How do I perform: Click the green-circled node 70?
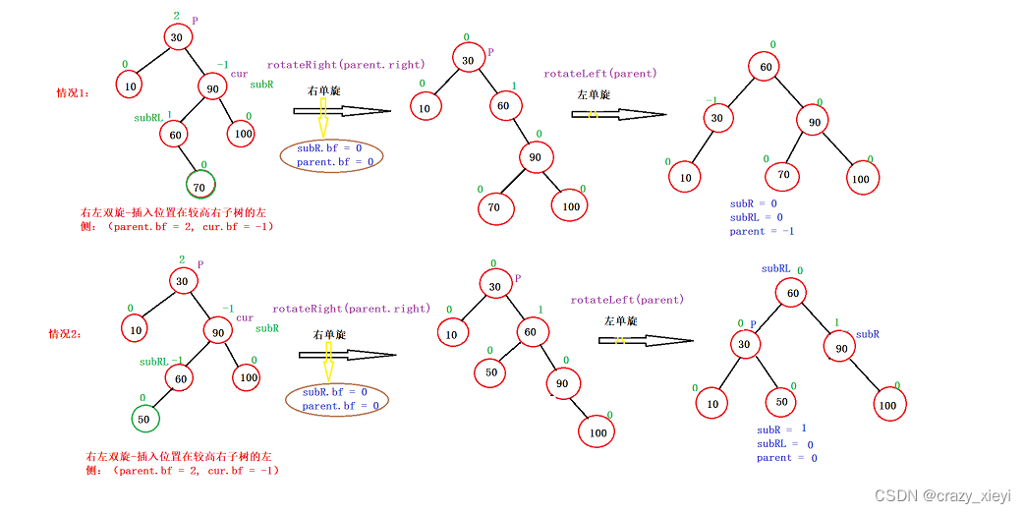(200, 184)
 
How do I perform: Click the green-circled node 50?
(143, 419)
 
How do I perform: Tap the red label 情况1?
(73, 93)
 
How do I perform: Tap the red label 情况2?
(65, 334)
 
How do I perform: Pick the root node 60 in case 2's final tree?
(791, 293)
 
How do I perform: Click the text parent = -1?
(762, 232)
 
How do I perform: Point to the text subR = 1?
(781, 429)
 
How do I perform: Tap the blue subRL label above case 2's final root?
(775, 268)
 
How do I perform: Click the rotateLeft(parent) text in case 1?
(600, 74)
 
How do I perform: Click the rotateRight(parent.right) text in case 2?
(351, 309)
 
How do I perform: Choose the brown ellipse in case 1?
(331, 154)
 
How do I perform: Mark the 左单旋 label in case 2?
(620, 321)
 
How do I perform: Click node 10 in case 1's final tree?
(685, 177)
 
